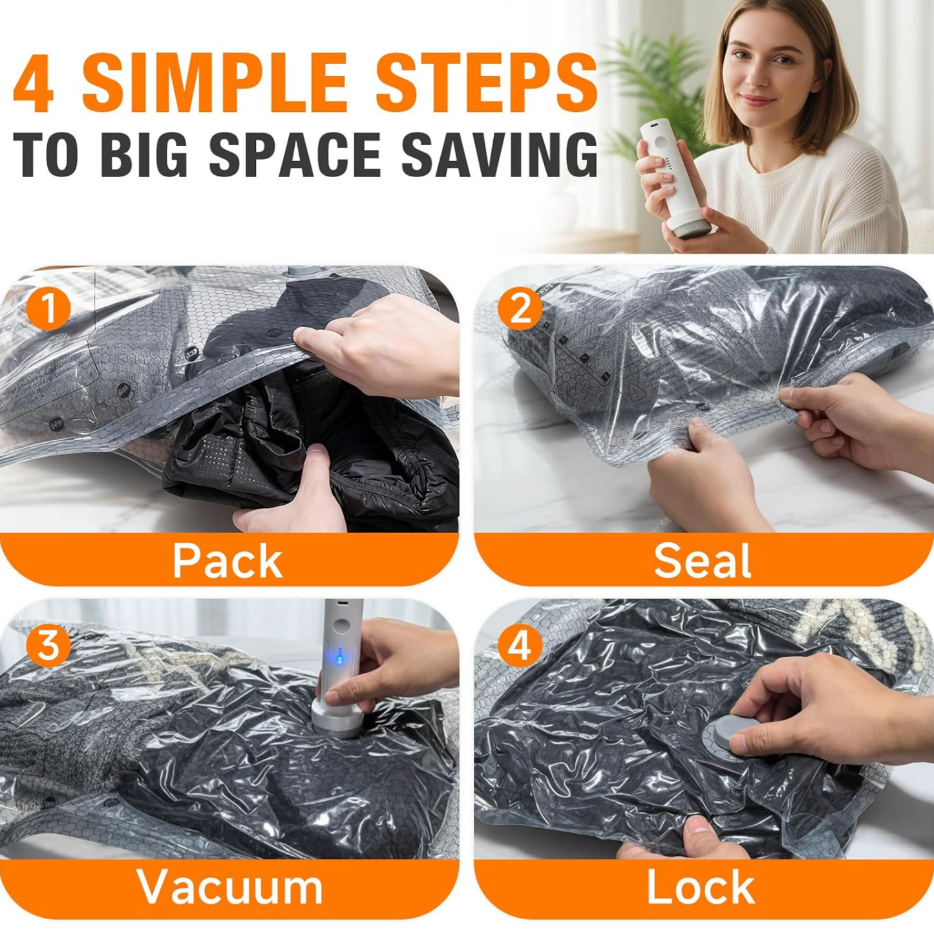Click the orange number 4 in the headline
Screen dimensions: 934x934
(34, 82)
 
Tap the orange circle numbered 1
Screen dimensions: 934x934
(48, 308)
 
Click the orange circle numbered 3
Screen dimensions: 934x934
(48, 644)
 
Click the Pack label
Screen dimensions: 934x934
(228, 560)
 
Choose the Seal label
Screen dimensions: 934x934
(702, 560)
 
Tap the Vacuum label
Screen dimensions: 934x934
(229, 887)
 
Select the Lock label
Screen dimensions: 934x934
(701, 887)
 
